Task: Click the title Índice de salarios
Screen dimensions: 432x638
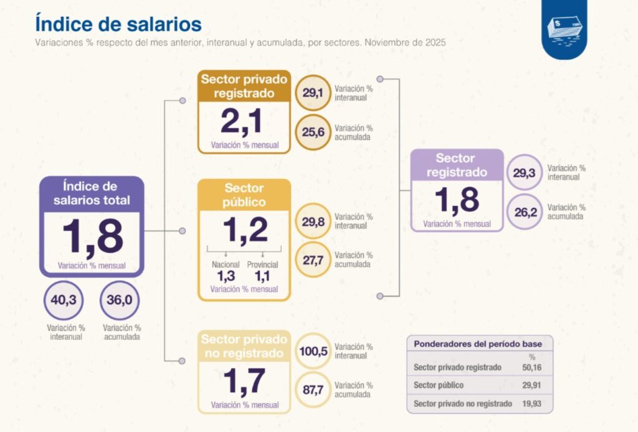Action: pos(118,24)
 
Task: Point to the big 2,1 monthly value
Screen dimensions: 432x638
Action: pos(244,121)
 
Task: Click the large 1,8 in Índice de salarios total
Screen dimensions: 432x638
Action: pos(92,237)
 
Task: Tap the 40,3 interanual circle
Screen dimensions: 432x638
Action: pos(63,301)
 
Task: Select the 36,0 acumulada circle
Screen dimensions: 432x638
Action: pos(119,301)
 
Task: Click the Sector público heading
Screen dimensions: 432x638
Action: pos(244,195)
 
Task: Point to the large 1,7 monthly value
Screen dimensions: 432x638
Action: pos(244,381)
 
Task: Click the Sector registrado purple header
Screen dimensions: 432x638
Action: pos(456,165)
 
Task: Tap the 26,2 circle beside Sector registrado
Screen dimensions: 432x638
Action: pos(525,212)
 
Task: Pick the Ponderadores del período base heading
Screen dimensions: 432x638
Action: pos(478,344)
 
